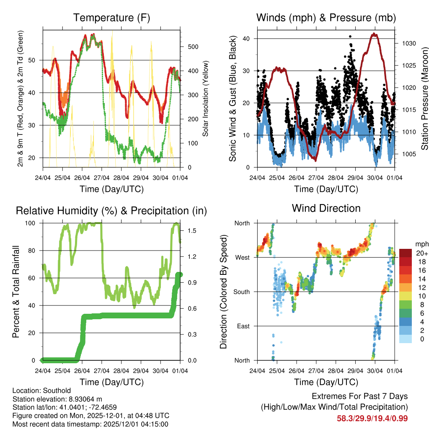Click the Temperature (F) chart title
coord(111,18)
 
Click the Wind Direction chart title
coord(326,208)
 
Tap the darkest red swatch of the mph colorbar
coord(406,253)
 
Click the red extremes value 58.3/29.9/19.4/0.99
coord(372,418)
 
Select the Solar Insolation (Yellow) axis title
coord(206,98)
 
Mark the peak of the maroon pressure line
coord(374,34)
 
